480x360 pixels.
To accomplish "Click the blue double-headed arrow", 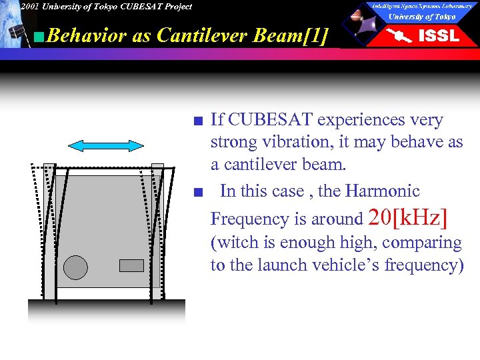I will [x=106, y=146].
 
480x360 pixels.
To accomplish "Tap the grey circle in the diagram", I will [x=75, y=267].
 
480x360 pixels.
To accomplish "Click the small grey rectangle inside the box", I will [x=131, y=265].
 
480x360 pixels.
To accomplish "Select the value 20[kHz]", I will [x=407, y=217].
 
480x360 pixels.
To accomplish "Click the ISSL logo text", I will [x=438, y=36].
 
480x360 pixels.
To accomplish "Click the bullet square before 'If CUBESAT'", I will [x=195, y=121].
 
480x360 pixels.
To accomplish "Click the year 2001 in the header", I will [x=29, y=7].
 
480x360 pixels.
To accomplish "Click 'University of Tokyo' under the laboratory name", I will [x=422, y=17].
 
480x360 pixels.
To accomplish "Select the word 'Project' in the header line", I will [x=175, y=7].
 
